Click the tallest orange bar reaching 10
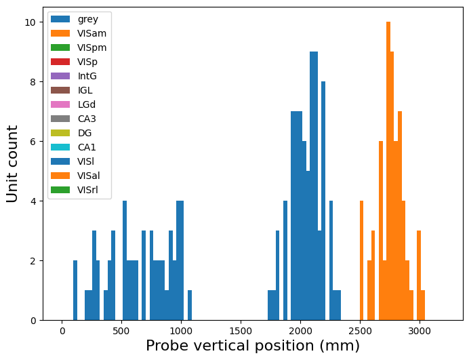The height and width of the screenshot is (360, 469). coord(388,171)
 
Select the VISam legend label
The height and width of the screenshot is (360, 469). coord(91,33)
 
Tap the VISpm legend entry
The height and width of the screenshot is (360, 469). coord(79,47)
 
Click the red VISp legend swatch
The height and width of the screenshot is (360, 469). coord(60,62)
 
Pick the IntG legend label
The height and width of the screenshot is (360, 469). coord(87,76)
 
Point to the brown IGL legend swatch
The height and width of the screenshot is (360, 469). coord(60,90)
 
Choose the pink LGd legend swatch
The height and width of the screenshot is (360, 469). coord(60,104)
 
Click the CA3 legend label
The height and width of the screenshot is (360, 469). coord(87,119)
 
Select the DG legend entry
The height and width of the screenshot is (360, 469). coord(71,133)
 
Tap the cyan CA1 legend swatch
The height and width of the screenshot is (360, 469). coord(60,147)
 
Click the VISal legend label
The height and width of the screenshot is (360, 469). coord(89,176)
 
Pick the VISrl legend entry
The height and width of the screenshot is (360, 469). coord(75,190)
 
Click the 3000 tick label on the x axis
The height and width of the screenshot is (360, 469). coord(419,331)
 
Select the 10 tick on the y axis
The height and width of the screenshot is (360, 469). coord(41,22)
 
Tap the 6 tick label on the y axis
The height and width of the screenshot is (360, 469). coord(33,142)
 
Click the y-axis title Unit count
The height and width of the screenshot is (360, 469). coord(12,163)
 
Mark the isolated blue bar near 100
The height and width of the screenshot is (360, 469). coord(75,291)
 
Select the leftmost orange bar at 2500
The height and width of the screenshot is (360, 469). coord(362,260)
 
